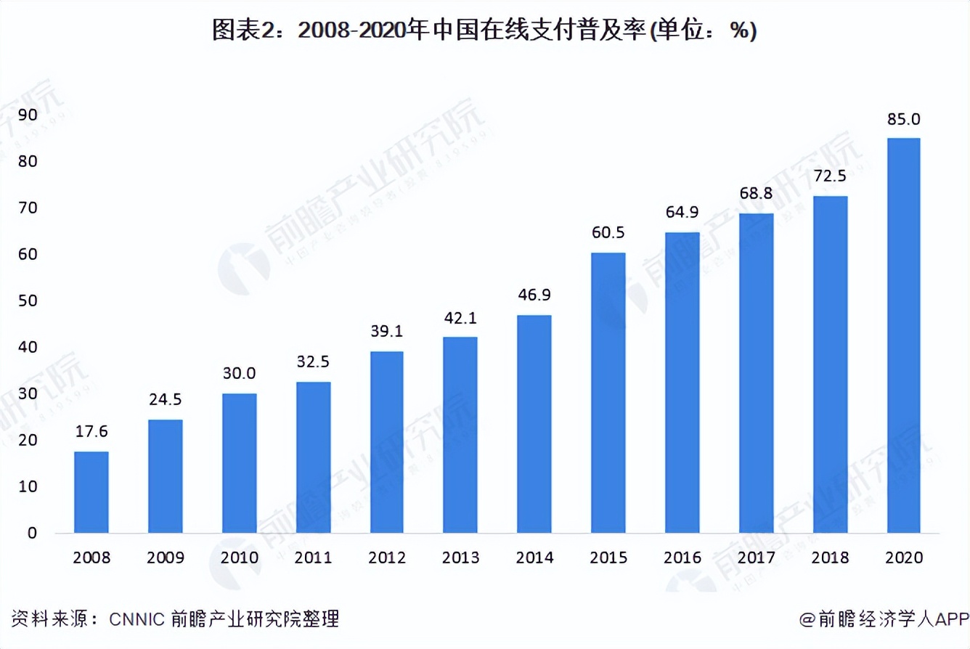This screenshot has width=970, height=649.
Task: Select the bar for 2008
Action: tap(91, 492)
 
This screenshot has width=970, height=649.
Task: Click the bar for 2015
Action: tap(608, 393)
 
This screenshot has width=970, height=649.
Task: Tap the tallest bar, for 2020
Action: tap(903, 335)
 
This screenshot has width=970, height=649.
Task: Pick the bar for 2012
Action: tap(386, 442)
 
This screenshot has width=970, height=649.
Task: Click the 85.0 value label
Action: tap(903, 119)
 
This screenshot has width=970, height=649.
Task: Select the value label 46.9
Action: tap(534, 296)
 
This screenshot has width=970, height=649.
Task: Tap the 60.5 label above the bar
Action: tap(608, 233)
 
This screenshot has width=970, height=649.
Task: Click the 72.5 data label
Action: tap(829, 177)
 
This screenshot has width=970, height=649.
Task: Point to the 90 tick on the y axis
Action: tap(28, 115)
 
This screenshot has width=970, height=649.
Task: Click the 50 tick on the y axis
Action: tap(28, 301)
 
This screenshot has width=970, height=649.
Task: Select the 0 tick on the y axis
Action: tap(32, 534)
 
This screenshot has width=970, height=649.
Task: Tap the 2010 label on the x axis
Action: tap(239, 558)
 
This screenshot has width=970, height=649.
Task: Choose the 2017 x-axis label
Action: tap(756, 558)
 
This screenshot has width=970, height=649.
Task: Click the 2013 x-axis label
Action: tap(460, 558)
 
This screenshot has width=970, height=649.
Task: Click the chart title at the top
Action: tap(484, 31)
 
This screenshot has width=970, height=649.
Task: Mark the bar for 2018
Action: tap(829, 364)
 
